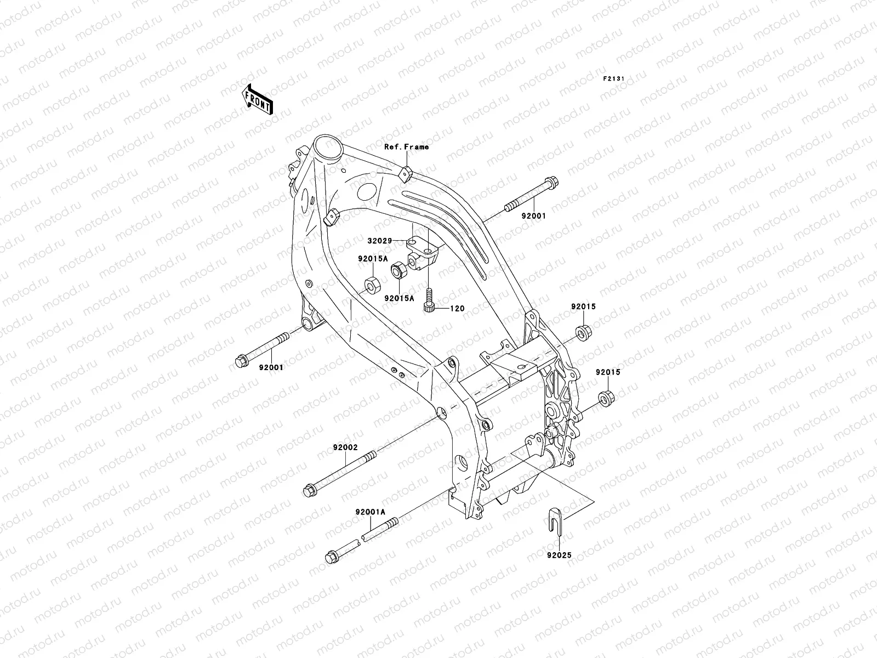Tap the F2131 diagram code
613,79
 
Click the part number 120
457,309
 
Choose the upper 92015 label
583,307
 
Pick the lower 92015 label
607,372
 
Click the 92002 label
345,447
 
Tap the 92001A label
370,512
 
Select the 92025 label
559,555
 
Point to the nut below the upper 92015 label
583,332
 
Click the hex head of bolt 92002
309,489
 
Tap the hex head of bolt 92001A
331,557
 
